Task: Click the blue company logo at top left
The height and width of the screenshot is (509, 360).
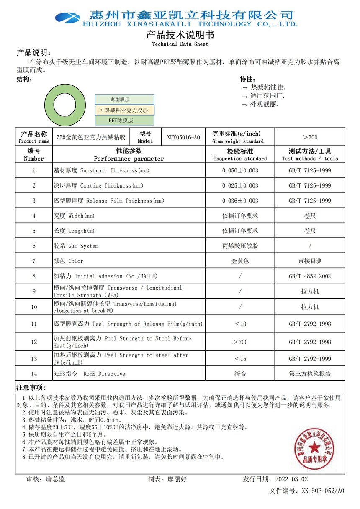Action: coord(67,17)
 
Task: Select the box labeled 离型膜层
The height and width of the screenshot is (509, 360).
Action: coord(124,100)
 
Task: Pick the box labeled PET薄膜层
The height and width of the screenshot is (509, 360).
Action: coord(124,120)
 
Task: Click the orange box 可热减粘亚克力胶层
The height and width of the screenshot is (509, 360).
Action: coord(124,110)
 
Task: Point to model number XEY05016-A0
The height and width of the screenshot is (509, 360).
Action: coord(183,137)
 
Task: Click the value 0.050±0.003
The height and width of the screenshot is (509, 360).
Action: coord(240,171)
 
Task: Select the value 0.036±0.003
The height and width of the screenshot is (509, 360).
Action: coord(240,201)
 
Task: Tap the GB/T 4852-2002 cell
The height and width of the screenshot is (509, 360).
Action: coord(310,276)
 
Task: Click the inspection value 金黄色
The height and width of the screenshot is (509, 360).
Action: coord(240,261)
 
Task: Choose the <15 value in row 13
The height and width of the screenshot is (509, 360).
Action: coord(240,359)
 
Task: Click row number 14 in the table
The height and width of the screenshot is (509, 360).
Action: coord(34,374)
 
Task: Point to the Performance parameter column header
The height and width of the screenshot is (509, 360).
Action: coord(129,155)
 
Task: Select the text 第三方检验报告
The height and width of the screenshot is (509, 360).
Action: coord(310,374)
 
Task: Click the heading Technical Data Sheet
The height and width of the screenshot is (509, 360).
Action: coord(180,44)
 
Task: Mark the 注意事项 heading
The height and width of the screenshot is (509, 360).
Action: coord(31,387)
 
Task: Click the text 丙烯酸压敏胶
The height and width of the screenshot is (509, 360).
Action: coord(240,246)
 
